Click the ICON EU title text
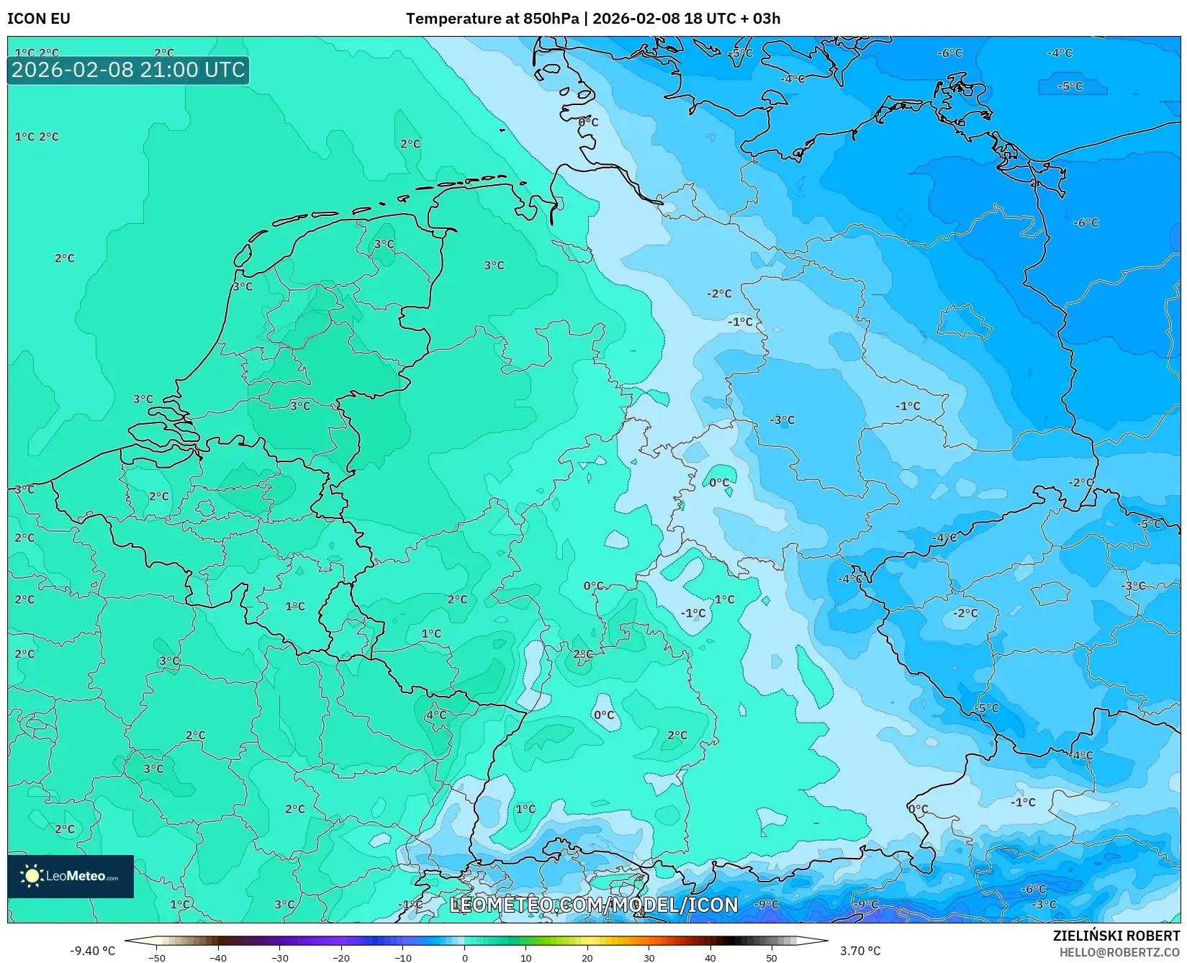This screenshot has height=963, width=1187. (x=39, y=19)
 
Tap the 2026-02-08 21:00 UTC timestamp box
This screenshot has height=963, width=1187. (x=128, y=70)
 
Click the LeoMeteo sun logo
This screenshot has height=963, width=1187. (x=32, y=876)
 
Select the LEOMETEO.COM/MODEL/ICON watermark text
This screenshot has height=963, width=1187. (x=594, y=905)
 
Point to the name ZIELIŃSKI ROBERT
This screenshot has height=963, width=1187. (x=1116, y=936)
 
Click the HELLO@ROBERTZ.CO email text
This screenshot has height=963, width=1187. (x=1119, y=952)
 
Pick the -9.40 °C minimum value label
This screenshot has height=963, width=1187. (x=92, y=951)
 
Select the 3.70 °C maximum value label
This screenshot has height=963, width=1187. (x=860, y=951)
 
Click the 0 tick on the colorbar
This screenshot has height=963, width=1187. (x=465, y=957)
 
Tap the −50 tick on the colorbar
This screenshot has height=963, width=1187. (x=156, y=957)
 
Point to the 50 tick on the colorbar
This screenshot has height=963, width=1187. (x=772, y=957)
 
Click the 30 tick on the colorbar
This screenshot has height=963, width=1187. (x=649, y=957)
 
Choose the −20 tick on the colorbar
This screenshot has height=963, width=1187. (x=341, y=957)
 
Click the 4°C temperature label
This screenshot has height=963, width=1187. (x=436, y=715)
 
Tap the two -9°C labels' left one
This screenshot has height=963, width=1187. (x=767, y=904)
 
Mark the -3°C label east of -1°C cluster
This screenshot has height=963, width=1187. (x=782, y=420)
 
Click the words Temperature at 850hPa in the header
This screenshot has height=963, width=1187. (x=492, y=19)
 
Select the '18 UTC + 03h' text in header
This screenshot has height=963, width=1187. (x=732, y=19)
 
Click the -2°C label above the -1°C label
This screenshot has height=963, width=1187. (x=719, y=294)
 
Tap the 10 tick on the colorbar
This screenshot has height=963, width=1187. (x=526, y=957)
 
